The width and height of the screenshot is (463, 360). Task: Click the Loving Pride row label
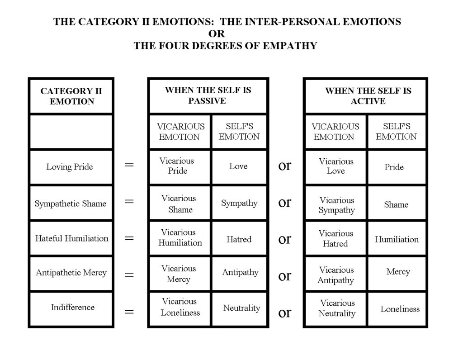click(x=70, y=167)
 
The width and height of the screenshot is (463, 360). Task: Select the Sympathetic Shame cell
click(x=71, y=204)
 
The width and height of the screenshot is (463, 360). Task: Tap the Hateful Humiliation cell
click(x=71, y=238)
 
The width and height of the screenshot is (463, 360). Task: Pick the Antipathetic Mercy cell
click(x=71, y=273)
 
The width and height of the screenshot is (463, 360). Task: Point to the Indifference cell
click(x=72, y=308)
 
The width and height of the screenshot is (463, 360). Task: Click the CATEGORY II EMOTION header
click(x=71, y=96)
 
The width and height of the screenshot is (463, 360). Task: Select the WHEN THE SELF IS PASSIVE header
click(x=208, y=95)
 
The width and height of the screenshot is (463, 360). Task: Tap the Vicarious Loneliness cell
click(x=180, y=307)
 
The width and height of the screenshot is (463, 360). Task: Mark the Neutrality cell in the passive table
click(x=241, y=308)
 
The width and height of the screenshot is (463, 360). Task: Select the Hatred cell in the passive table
click(x=239, y=239)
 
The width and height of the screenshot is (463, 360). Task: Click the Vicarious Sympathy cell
click(x=336, y=205)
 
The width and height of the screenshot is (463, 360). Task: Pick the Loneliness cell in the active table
click(x=400, y=309)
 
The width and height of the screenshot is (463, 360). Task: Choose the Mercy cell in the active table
click(x=398, y=272)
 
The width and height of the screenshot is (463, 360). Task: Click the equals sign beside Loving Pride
click(x=129, y=165)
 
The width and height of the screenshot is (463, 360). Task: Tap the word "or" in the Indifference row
click(x=284, y=313)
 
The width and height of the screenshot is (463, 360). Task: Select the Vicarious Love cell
click(x=336, y=166)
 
